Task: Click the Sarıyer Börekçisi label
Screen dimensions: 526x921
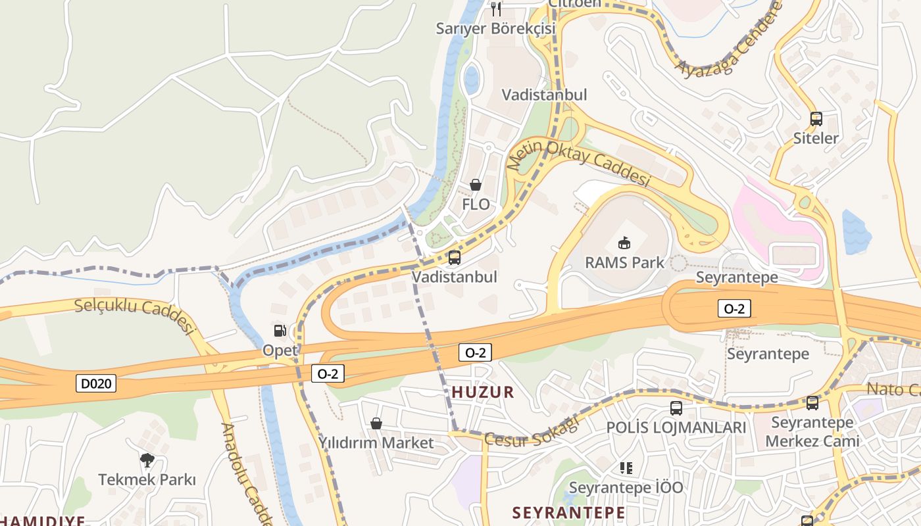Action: pyautogui.click(x=496, y=28)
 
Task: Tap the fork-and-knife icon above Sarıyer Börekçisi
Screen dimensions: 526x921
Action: pyautogui.click(x=496, y=9)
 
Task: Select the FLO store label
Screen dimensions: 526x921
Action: pyautogui.click(x=476, y=204)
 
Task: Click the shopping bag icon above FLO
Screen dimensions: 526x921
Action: pyautogui.click(x=476, y=185)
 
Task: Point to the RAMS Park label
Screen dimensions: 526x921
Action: pyautogui.click(x=624, y=262)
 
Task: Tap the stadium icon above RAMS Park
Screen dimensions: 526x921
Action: pyautogui.click(x=624, y=243)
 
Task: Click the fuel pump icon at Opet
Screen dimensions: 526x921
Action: pyautogui.click(x=280, y=331)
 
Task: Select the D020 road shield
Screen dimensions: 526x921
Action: pyautogui.click(x=96, y=383)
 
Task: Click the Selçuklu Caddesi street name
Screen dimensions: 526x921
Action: pyautogui.click(x=136, y=314)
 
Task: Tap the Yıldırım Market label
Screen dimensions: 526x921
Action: pyautogui.click(x=376, y=442)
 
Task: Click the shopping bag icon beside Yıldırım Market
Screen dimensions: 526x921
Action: pyautogui.click(x=376, y=423)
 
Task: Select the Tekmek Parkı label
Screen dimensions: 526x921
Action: pyautogui.click(x=147, y=479)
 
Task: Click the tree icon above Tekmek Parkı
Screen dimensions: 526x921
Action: pyautogui.click(x=147, y=460)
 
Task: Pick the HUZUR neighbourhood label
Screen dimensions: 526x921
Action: pyautogui.click(x=483, y=393)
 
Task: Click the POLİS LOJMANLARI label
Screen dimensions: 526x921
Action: pyautogui.click(x=676, y=427)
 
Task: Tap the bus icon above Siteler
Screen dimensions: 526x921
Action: pyautogui.click(x=816, y=119)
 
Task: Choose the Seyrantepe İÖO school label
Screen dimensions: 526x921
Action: pyautogui.click(x=626, y=487)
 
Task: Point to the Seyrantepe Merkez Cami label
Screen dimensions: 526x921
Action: pyautogui.click(x=812, y=431)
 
